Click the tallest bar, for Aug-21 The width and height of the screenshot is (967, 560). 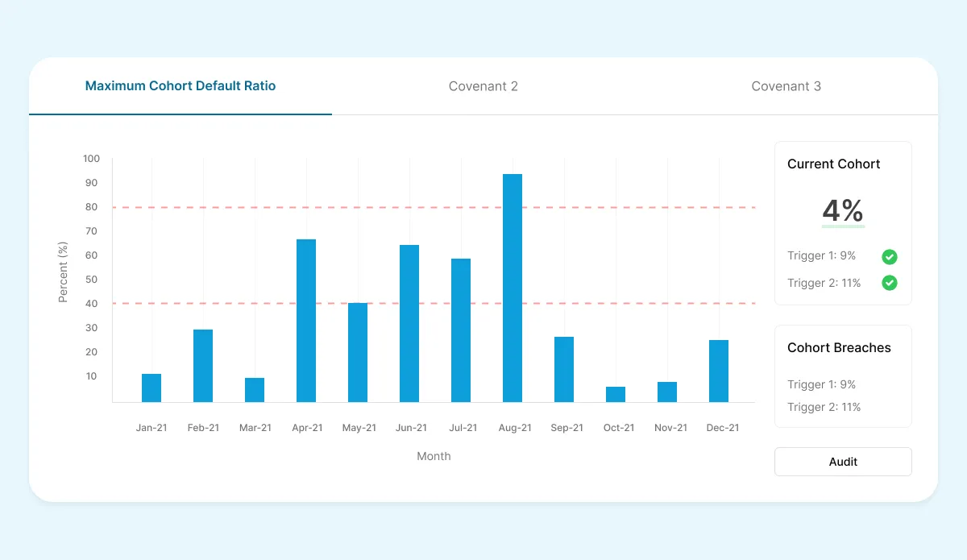coord(513,288)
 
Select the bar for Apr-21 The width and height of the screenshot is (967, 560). coord(306,321)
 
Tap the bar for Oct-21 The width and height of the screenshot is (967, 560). coord(616,394)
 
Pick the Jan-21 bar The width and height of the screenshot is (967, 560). coord(151,388)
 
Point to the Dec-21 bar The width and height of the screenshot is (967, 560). coord(719,371)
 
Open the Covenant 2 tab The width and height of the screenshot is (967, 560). coord(483,86)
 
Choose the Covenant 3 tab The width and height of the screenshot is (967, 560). coord(786,86)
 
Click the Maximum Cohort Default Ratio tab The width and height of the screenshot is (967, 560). coord(181,85)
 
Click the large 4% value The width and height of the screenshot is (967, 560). coord(843,211)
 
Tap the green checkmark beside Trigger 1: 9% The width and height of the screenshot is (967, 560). coord(890,257)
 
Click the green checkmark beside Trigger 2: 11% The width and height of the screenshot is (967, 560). coord(890,283)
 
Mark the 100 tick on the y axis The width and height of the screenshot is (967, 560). coord(91,159)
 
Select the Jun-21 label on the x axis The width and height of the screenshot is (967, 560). coord(410,428)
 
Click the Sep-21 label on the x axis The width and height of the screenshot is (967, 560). coord(567,428)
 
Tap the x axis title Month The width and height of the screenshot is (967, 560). coord(434,456)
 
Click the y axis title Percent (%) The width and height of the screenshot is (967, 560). coord(64,272)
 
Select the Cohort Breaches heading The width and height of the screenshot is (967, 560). coord(839,348)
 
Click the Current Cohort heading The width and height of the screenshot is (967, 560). coord(834,164)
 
